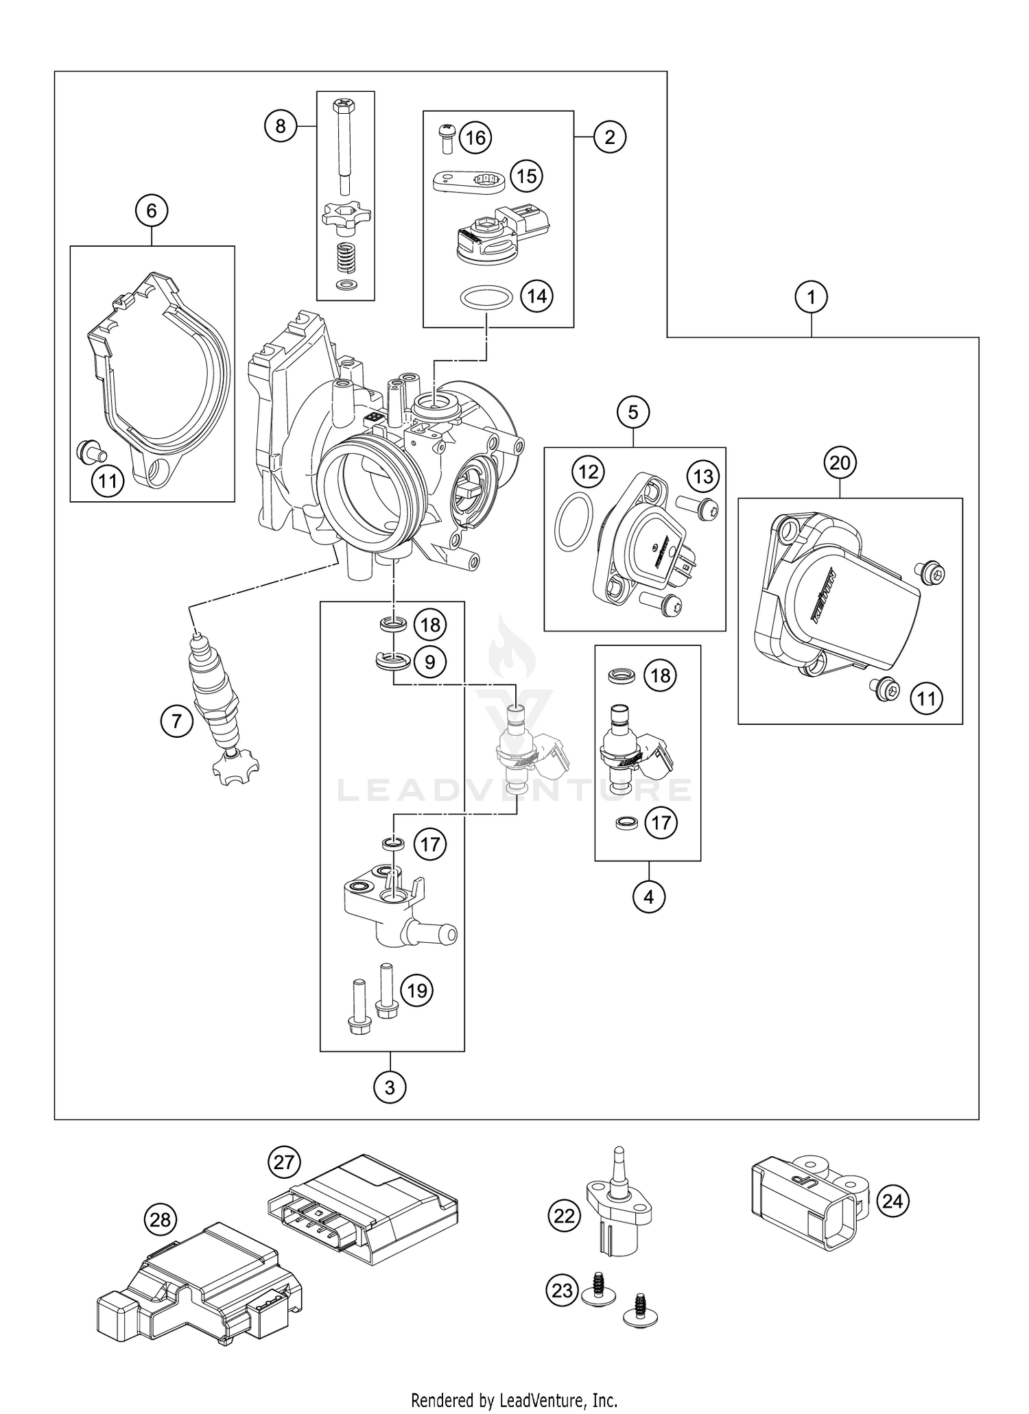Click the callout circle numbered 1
point(812,298)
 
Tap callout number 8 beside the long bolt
point(281,126)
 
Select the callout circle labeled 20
point(840,464)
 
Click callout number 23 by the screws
point(562,1291)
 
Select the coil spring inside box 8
point(346,261)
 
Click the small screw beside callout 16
point(447,138)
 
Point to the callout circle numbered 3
point(390,1087)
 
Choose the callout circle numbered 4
point(649,896)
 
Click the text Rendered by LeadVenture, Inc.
point(514,1400)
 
